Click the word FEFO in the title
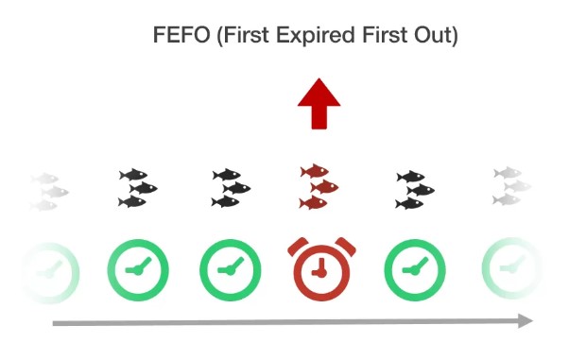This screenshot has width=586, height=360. pos(180,35)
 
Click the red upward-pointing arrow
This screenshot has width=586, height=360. pos(319,105)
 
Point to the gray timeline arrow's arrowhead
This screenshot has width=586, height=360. pos(526,321)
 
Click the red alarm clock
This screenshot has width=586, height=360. pos(319,268)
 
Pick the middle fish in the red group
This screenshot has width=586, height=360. pos(325,187)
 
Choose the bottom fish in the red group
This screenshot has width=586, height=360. pos(313,202)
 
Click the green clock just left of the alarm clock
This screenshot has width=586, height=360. pos(227,267)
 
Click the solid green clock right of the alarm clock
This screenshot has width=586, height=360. pos(410,267)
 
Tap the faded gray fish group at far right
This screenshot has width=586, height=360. pos(510,186)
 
